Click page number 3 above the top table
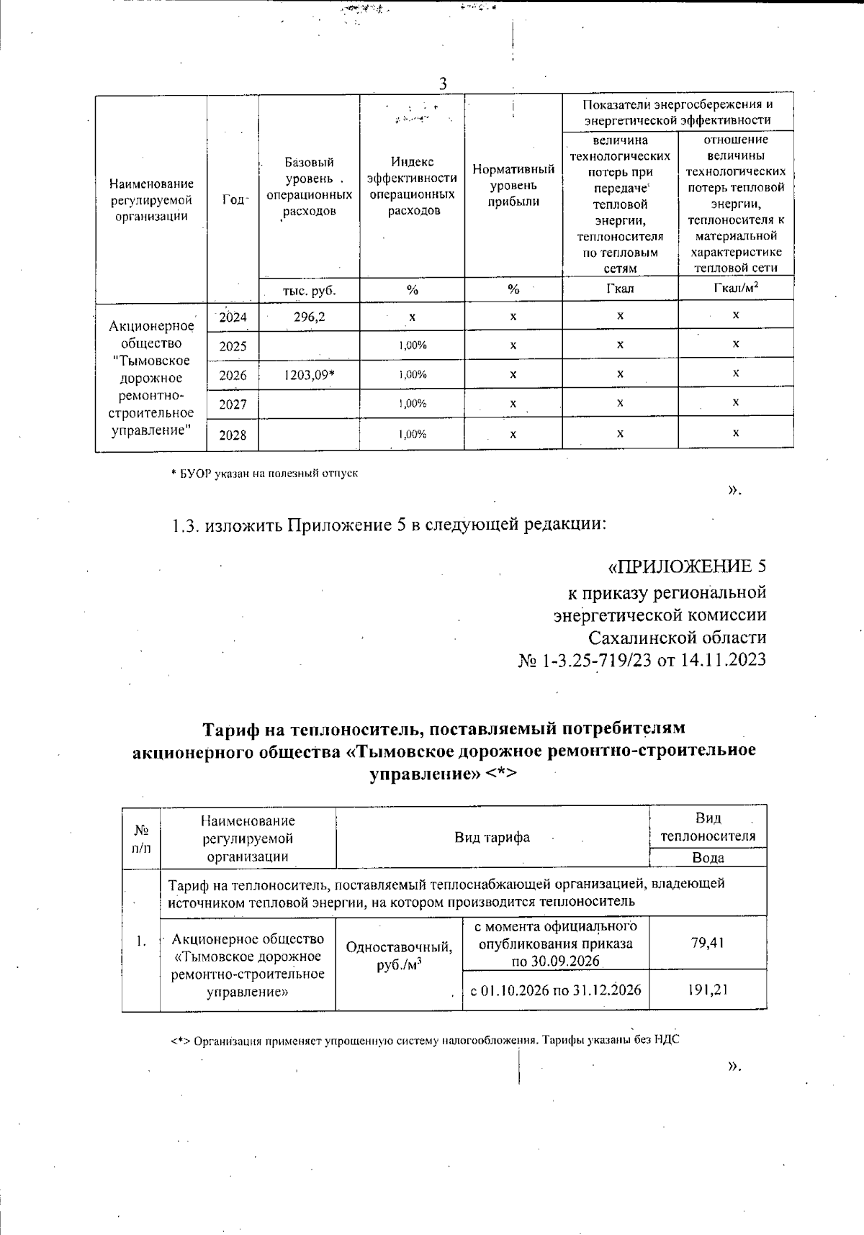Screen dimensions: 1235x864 443,84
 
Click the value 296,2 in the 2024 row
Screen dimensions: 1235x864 310,316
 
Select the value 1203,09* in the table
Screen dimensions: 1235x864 310,375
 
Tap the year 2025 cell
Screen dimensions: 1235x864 233,346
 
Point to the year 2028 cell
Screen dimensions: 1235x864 233,435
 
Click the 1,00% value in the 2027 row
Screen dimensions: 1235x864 413,404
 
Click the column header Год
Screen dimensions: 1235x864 233,201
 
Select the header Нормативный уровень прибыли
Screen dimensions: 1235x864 513,185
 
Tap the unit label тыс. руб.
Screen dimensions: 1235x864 310,291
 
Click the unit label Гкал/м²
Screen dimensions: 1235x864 735,289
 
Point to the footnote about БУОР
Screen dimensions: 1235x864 264,474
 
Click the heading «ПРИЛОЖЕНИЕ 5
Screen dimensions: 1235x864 687,566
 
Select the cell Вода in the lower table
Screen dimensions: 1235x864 708,858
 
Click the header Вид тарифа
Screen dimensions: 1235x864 492,837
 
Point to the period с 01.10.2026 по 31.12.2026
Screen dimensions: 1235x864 555,990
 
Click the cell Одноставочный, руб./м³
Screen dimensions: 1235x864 399,956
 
